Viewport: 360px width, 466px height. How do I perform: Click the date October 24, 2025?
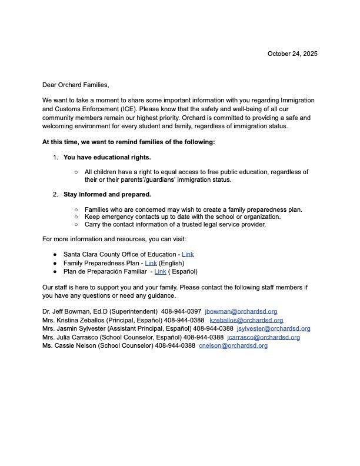pyautogui.click(x=292, y=54)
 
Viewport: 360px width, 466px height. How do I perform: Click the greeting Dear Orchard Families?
pyautogui.click(x=76, y=85)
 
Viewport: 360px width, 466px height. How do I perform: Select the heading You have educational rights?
pyautogui.click(x=107, y=157)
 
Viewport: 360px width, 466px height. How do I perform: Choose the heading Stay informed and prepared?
pyautogui.click(x=107, y=194)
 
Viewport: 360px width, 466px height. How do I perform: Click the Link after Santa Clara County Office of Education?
pyautogui.click(x=188, y=254)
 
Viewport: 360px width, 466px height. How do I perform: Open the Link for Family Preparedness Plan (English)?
pyautogui.click(x=151, y=263)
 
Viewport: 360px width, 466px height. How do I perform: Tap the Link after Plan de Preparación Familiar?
pyautogui.click(x=160, y=271)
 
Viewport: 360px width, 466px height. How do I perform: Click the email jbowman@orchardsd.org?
pyautogui.click(x=241, y=311)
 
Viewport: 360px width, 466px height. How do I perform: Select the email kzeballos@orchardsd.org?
pyautogui.click(x=246, y=320)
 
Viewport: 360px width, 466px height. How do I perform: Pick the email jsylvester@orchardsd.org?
pyautogui.click(x=274, y=328)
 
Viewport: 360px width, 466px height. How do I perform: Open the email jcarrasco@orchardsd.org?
pyautogui.click(x=264, y=337)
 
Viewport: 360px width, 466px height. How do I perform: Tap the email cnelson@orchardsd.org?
pyautogui.click(x=233, y=346)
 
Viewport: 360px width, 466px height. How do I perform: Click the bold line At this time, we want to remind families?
pyautogui.click(x=129, y=142)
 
